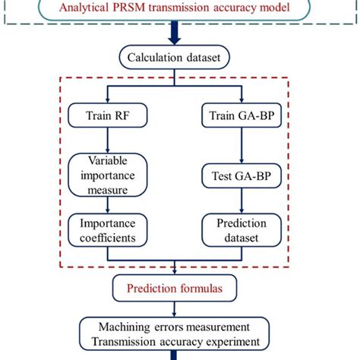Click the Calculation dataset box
tap(176, 58)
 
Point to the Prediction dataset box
tap(241, 231)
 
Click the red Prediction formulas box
tap(176, 288)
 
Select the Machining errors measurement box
tap(176, 333)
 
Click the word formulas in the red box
tap(201, 288)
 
